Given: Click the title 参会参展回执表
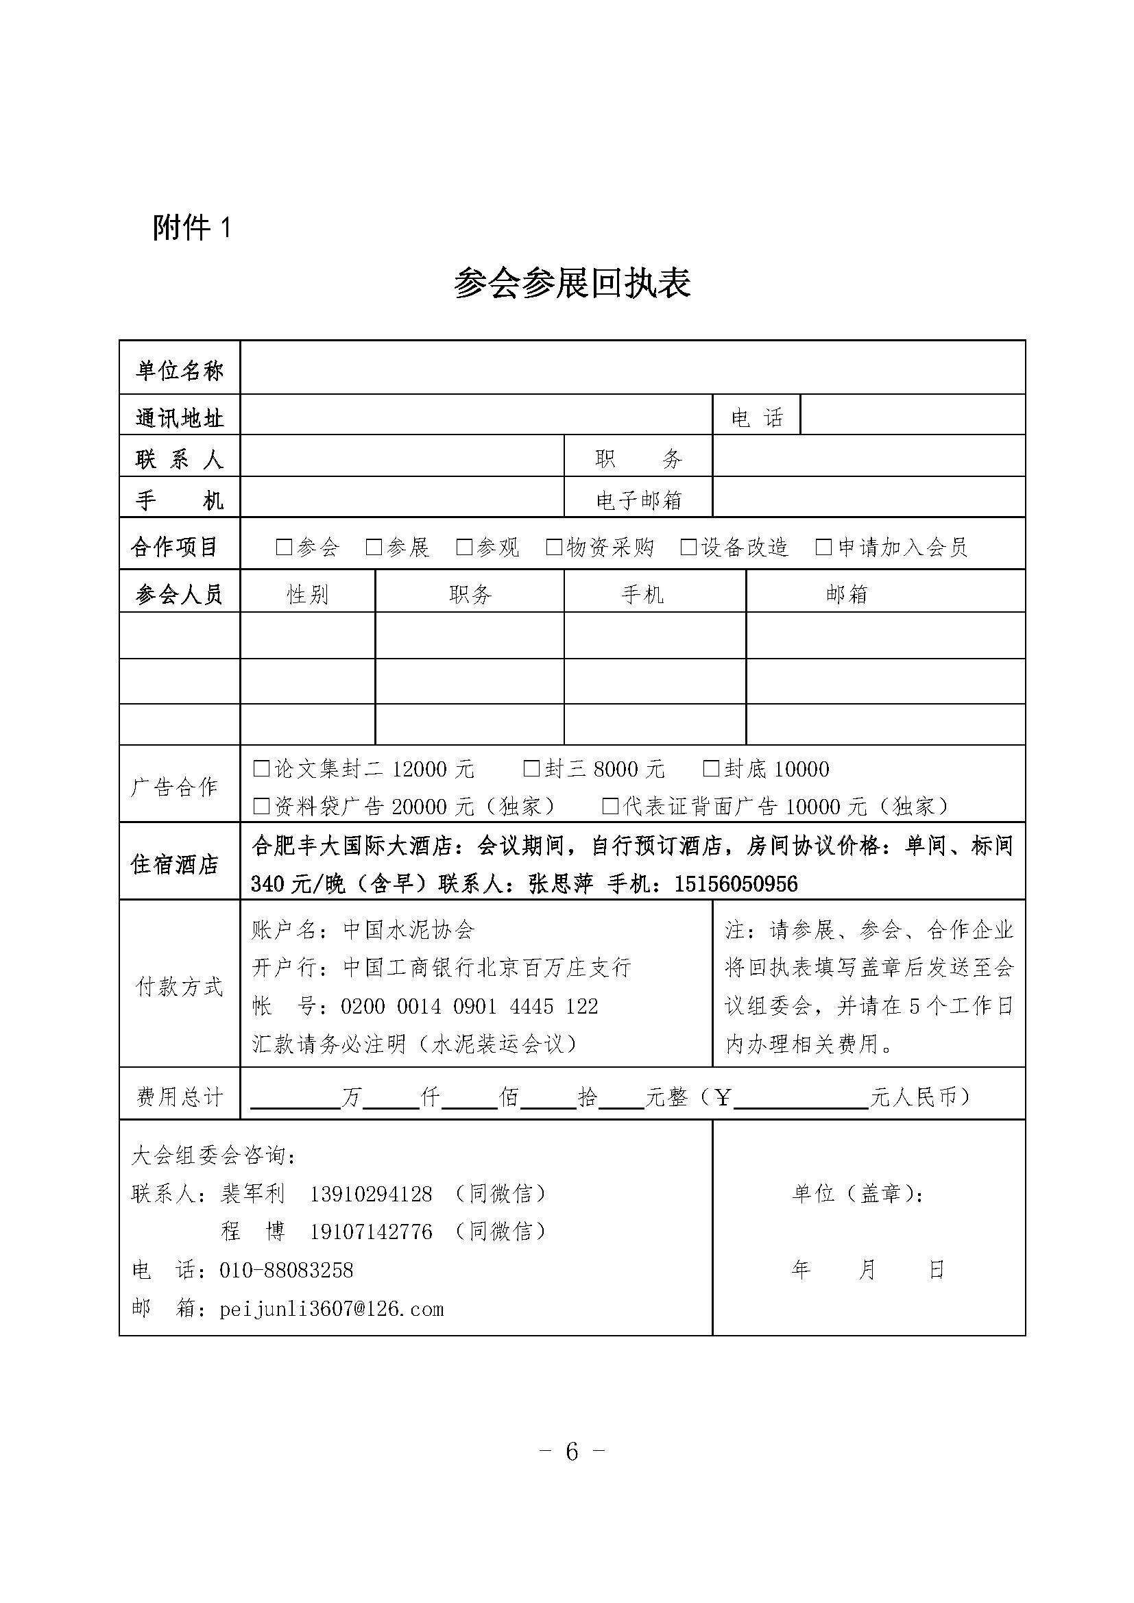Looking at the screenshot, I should tap(572, 284).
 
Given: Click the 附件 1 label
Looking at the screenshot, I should tap(191, 228).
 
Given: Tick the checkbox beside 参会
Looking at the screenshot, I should tap(285, 547).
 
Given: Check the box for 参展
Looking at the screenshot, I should tap(374, 547).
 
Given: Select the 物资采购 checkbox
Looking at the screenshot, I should tap(555, 547).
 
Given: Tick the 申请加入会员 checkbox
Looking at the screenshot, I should tap(824, 547).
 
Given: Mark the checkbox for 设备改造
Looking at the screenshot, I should tap(689, 547).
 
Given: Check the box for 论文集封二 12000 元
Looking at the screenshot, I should tap(261, 769).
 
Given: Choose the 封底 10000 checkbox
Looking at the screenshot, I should tap(711, 769).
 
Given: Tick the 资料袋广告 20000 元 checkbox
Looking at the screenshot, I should tap(261, 807).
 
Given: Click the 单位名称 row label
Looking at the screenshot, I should tap(180, 370).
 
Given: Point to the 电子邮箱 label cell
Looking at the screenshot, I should tap(638, 500).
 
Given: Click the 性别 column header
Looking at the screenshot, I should tap(307, 594).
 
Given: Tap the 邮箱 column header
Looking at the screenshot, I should tap(846, 594).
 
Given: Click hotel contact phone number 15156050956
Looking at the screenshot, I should tap(735, 885).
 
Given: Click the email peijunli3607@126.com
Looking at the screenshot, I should tap(332, 1308).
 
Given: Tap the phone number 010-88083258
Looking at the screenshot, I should tap(287, 1270).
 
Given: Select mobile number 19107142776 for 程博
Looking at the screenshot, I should tap(371, 1232).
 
